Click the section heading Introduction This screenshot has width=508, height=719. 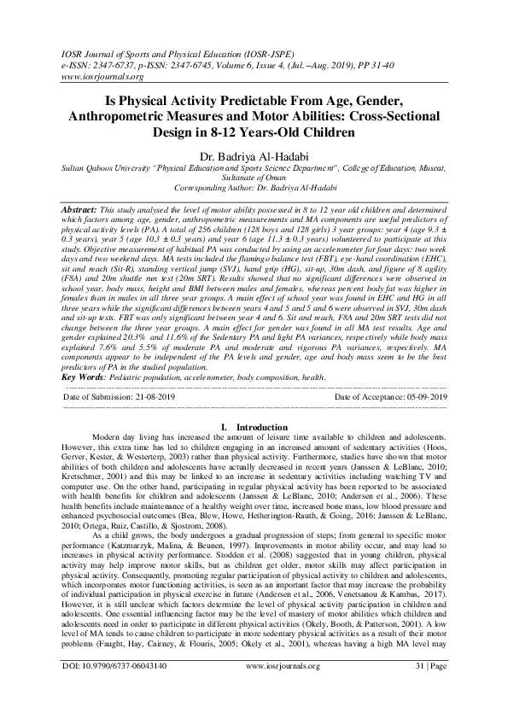[x=261, y=426]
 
